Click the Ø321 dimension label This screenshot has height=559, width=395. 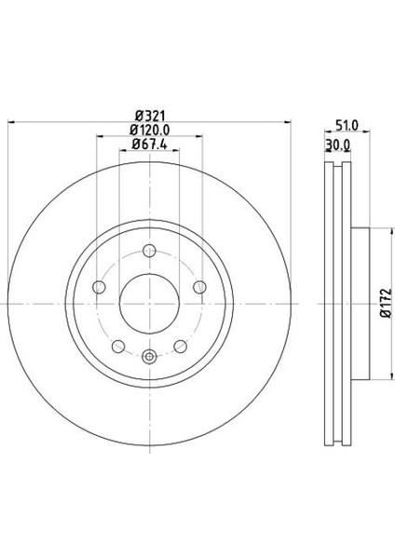coord(150,115)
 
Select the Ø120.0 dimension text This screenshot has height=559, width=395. coord(150,129)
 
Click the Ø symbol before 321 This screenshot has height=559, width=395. coord(135,115)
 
